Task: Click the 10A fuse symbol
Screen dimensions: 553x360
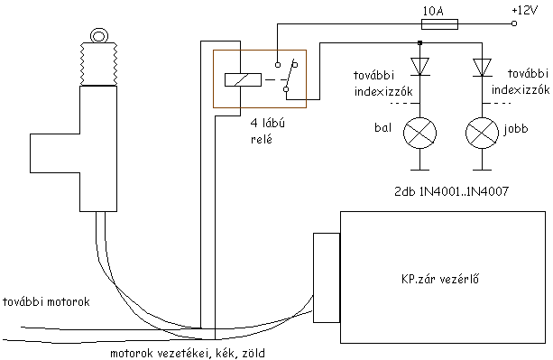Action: (440, 24)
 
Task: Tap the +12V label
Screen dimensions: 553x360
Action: (524, 10)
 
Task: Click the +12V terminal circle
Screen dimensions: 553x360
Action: (514, 23)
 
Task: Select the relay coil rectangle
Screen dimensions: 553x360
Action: (243, 79)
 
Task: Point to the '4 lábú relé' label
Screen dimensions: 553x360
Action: (268, 131)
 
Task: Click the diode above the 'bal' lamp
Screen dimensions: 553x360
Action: (419, 67)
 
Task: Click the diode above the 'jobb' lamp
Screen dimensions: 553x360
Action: (482, 67)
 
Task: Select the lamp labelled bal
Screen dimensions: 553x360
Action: (419, 134)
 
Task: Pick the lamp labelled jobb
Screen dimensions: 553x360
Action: (482, 134)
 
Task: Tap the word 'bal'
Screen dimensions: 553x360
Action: (383, 127)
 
